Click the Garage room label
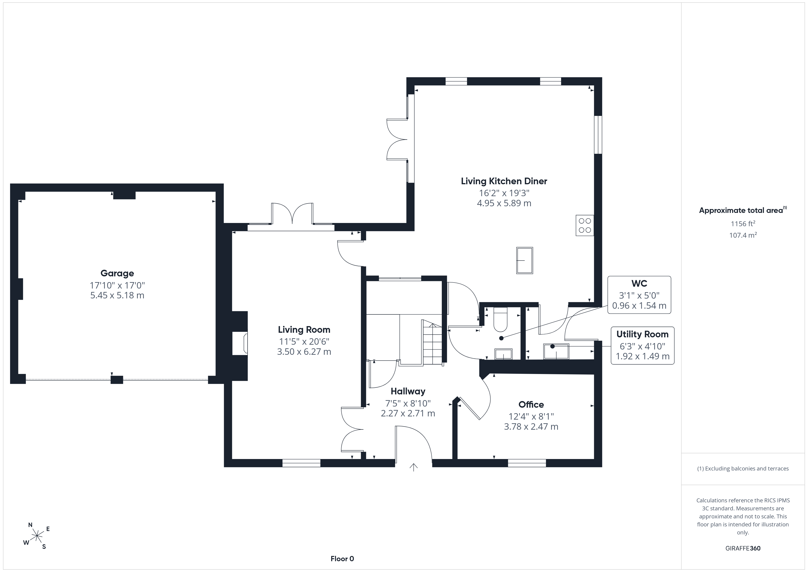click(x=117, y=273)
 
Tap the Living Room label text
click(x=304, y=330)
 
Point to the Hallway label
click(x=408, y=391)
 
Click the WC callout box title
click(x=639, y=283)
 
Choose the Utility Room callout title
click(x=642, y=334)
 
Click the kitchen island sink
click(x=524, y=260)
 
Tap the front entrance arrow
click(x=413, y=467)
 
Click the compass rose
click(x=37, y=536)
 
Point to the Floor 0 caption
click(x=342, y=559)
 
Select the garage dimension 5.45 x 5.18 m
click(x=117, y=295)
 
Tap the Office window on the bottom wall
click(x=527, y=463)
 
